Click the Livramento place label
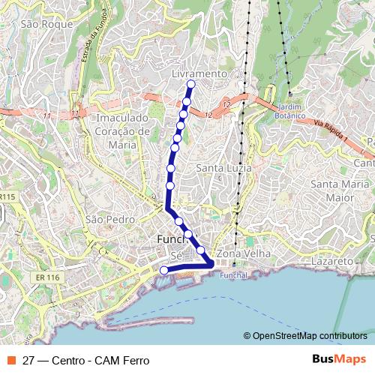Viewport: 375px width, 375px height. click(x=199, y=74)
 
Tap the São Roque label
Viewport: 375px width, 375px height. click(x=47, y=24)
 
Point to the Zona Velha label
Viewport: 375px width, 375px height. click(x=235, y=254)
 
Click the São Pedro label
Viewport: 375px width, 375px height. click(x=109, y=219)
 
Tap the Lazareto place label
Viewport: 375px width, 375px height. click(x=331, y=260)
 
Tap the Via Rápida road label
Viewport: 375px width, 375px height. click(x=329, y=134)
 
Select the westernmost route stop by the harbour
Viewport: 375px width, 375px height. click(x=164, y=271)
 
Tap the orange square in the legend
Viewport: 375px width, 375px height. click(x=10, y=360)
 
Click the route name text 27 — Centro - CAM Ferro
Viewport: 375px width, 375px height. click(x=86, y=360)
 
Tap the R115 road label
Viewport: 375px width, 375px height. click(x=7, y=196)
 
